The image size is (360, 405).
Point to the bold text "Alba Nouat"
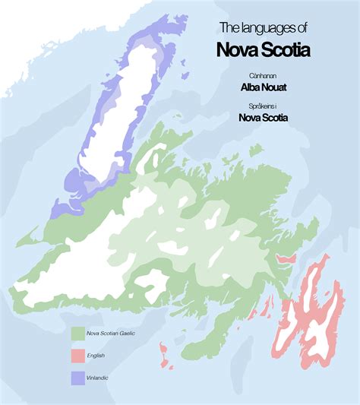pyautogui.click(x=262, y=87)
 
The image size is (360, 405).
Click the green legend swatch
pyautogui.click(x=77, y=333)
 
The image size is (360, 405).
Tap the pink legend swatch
pyautogui.click(x=77, y=354)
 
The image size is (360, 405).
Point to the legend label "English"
pyautogui.click(x=96, y=354)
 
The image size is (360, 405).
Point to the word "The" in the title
pyautogui.click(x=228, y=28)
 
